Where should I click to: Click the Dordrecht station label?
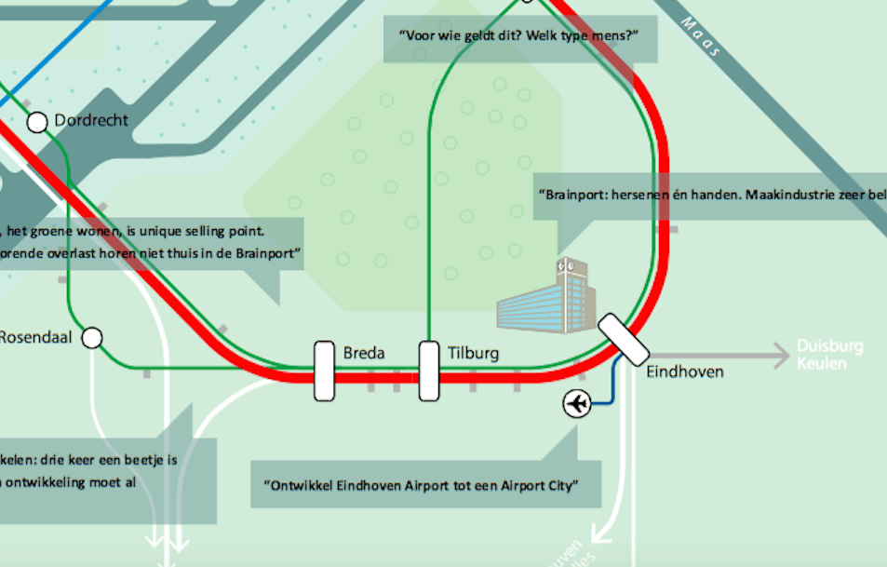(91, 121)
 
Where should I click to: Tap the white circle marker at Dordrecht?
(37, 122)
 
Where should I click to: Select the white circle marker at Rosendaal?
(92, 338)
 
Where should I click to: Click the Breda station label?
(364, 354)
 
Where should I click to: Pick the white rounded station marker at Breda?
(324, 371)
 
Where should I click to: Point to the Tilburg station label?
(473, 354)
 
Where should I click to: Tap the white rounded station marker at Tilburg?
(429, 371)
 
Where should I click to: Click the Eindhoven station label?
(684, 371)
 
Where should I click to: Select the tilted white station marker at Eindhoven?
(623, 340)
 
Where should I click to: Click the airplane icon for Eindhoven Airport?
(578, 405)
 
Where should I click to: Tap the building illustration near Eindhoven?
(549, 297)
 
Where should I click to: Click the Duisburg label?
(830, 346)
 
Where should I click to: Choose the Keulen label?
(822, 362)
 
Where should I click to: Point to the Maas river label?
(701, 36)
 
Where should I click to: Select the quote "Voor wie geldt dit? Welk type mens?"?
(518, 36)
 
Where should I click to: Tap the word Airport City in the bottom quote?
(540, 486)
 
